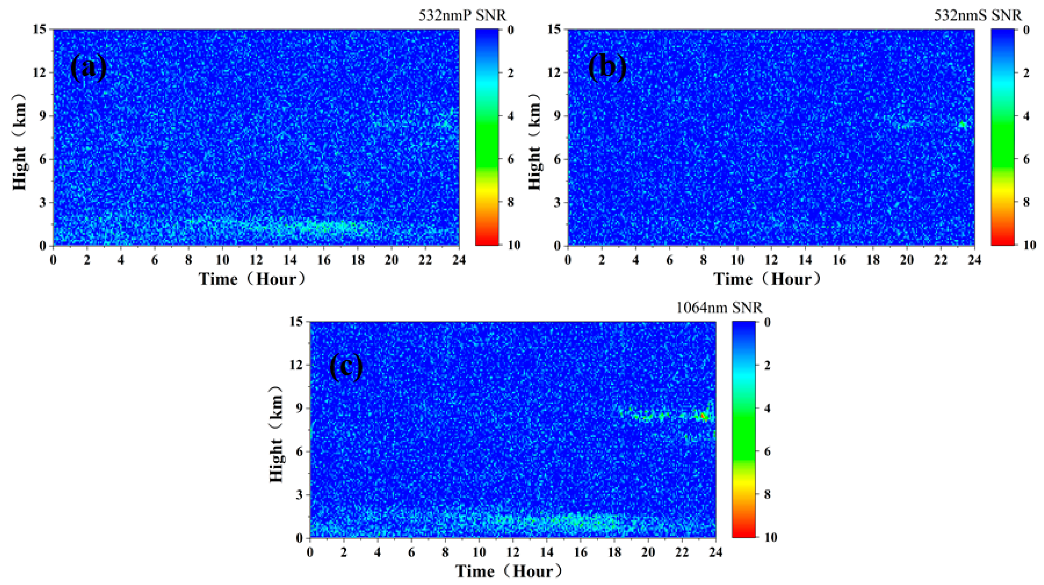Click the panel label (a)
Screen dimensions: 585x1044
(89, 67)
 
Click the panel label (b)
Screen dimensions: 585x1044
(607, 67)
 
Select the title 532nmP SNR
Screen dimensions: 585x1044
(462, 16)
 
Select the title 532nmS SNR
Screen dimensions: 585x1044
(978, 16)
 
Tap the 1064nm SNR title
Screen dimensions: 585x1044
(719, 308)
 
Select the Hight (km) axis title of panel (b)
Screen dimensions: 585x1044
(535, 142)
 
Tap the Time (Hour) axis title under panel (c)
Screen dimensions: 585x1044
(509, 572)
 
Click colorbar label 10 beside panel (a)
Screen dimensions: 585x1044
(514, 245)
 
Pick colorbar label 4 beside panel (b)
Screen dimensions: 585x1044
(1026, 116)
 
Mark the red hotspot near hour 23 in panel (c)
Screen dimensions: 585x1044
(703, 416)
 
